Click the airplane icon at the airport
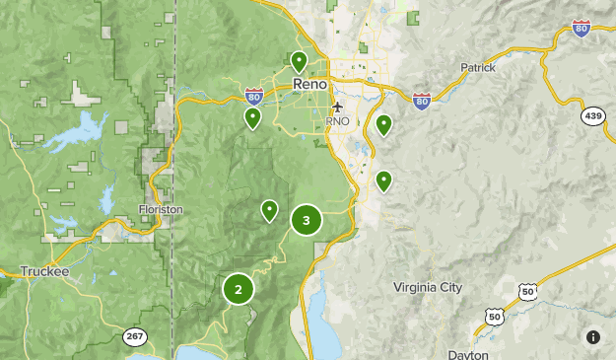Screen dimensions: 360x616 338,107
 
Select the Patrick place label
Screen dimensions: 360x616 478,68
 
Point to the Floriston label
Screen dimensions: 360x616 161,209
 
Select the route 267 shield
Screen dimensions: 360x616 134,337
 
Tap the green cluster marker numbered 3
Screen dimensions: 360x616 307,221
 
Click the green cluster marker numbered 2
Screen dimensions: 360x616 238,289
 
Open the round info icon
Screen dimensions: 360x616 592,337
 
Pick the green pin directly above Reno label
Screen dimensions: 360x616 299,61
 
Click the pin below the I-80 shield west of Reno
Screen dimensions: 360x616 253,118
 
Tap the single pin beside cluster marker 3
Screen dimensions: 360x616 269,210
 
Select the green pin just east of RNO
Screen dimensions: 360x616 383,124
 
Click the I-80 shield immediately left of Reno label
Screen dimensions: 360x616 254,96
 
